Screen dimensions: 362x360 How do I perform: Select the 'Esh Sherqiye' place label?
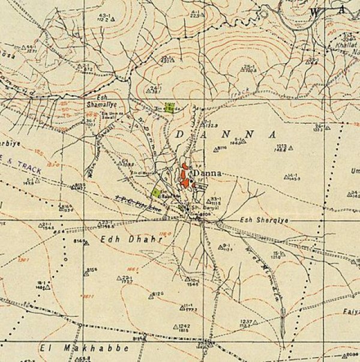pos(265,220)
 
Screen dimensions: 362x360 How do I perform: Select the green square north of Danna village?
pos(170,107)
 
